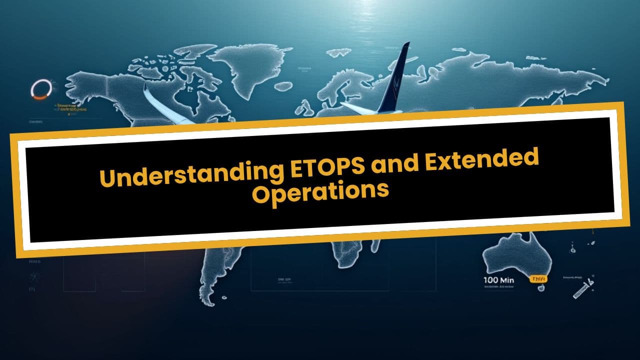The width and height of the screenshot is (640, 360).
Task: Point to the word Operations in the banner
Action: [320, 193]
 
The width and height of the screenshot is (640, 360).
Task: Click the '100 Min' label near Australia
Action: [498, 280]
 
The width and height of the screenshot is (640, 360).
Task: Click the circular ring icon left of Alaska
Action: [38, 88]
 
